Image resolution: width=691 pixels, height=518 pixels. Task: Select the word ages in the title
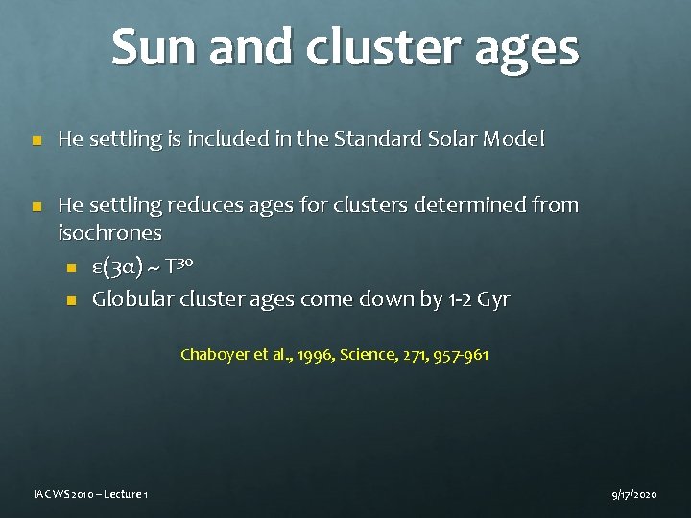coord(534,50)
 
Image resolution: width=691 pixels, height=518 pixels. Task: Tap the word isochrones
coord(109,233)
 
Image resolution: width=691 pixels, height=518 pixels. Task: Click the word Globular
coord(131,299)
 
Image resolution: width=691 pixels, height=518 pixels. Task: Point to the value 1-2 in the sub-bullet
coord(462,299)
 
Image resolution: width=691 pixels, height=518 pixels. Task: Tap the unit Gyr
coord(494,300)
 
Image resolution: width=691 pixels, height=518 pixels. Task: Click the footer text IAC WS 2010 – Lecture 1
coord(88,494)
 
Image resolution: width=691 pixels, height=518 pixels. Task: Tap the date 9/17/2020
coord(633,494)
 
